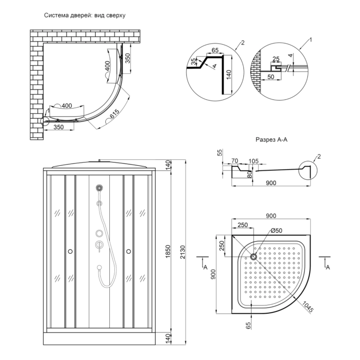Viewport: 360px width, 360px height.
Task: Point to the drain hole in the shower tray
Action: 253,257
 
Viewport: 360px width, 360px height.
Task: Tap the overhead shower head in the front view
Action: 99,188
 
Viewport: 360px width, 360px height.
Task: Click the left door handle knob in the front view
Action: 69,252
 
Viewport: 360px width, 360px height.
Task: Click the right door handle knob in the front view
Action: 129,252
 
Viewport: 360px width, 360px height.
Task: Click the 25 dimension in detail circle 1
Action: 276,59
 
